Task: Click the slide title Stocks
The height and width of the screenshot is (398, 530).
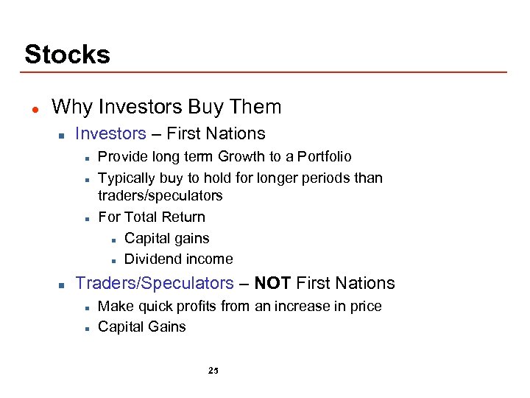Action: click(67, 55)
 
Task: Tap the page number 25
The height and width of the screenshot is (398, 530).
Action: click(213, 371)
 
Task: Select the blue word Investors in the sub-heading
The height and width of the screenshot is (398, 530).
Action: click(110, 133)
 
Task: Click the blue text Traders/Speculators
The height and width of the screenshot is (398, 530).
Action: click(155, 283)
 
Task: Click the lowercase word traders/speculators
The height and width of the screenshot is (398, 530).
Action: click(160, 195)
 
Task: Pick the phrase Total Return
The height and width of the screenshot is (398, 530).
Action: click(165, 217)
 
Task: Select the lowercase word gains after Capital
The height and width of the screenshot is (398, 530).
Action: click(191, 238)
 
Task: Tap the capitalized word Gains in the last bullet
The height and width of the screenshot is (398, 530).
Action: click(166, 327)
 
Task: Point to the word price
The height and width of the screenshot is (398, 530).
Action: click(365, 306)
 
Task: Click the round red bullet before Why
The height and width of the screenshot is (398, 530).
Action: click(34, 108)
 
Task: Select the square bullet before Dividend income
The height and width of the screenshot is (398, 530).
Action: click(113, 259)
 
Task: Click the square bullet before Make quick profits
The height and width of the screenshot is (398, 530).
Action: click(87, 307)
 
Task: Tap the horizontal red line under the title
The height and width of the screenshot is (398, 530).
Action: click(265, 72)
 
